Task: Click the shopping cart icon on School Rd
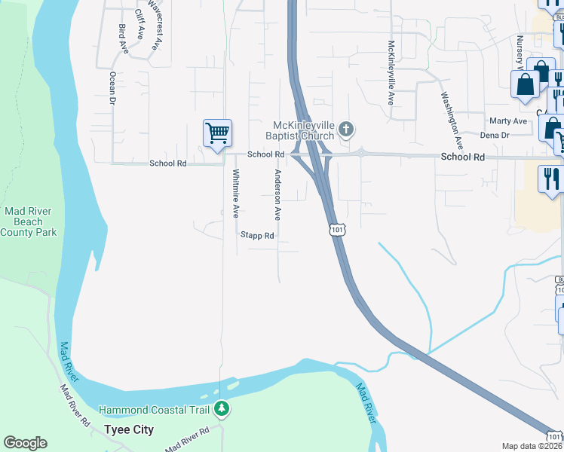(x=217, y=133)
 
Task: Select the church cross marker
(x=346, y=130)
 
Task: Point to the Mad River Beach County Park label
(x=29, y=222)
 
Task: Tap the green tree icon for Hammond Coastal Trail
(x=222, y=409)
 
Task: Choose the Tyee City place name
(x=128, y=429)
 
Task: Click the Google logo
(x=25, y=443)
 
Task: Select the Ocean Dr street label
(x=113, y=87)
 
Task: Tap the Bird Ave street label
(x=123, y=38)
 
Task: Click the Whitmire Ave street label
(x=236, y=192)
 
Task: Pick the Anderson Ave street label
(x=278, y=194)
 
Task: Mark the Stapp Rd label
(x=257, y=236)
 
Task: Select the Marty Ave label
(x=508, y=121)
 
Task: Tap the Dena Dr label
(x=495, y=135)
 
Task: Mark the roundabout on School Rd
(x=362, y=153)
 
